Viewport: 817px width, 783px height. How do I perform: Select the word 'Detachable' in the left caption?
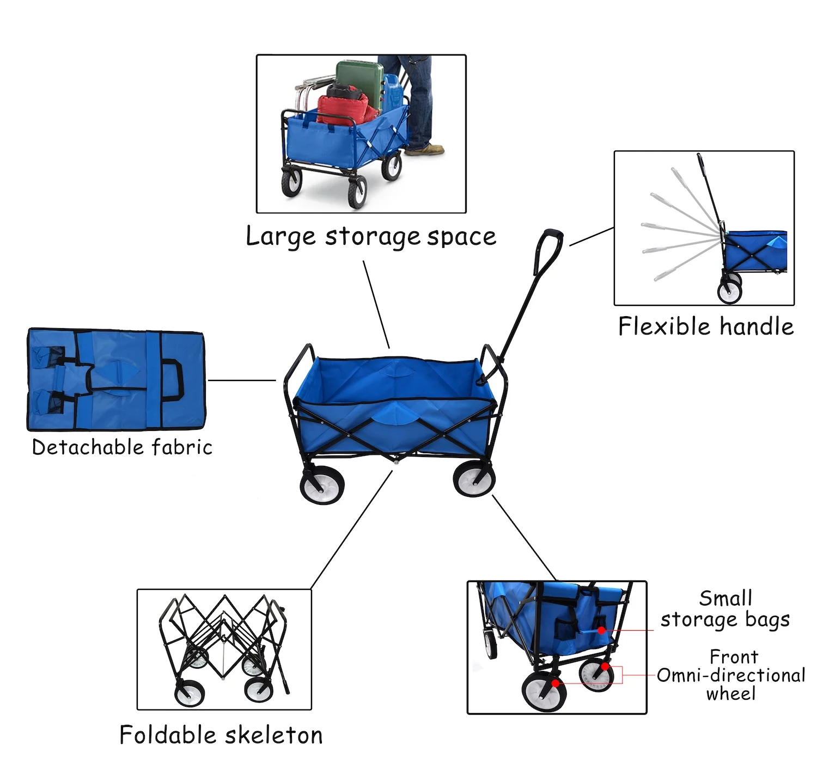[x=87, y=447]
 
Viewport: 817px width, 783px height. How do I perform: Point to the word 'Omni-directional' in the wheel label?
[x=730, y=675]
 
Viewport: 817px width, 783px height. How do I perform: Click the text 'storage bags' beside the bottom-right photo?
[x=725, y=620]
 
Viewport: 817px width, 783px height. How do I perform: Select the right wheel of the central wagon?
[x=474, y=478]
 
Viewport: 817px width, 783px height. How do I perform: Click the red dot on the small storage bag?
[x=601, y=630]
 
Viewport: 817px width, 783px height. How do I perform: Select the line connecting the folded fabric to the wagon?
[x=241, y=380]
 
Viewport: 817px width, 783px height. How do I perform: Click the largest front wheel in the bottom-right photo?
[x=544, y=691]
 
